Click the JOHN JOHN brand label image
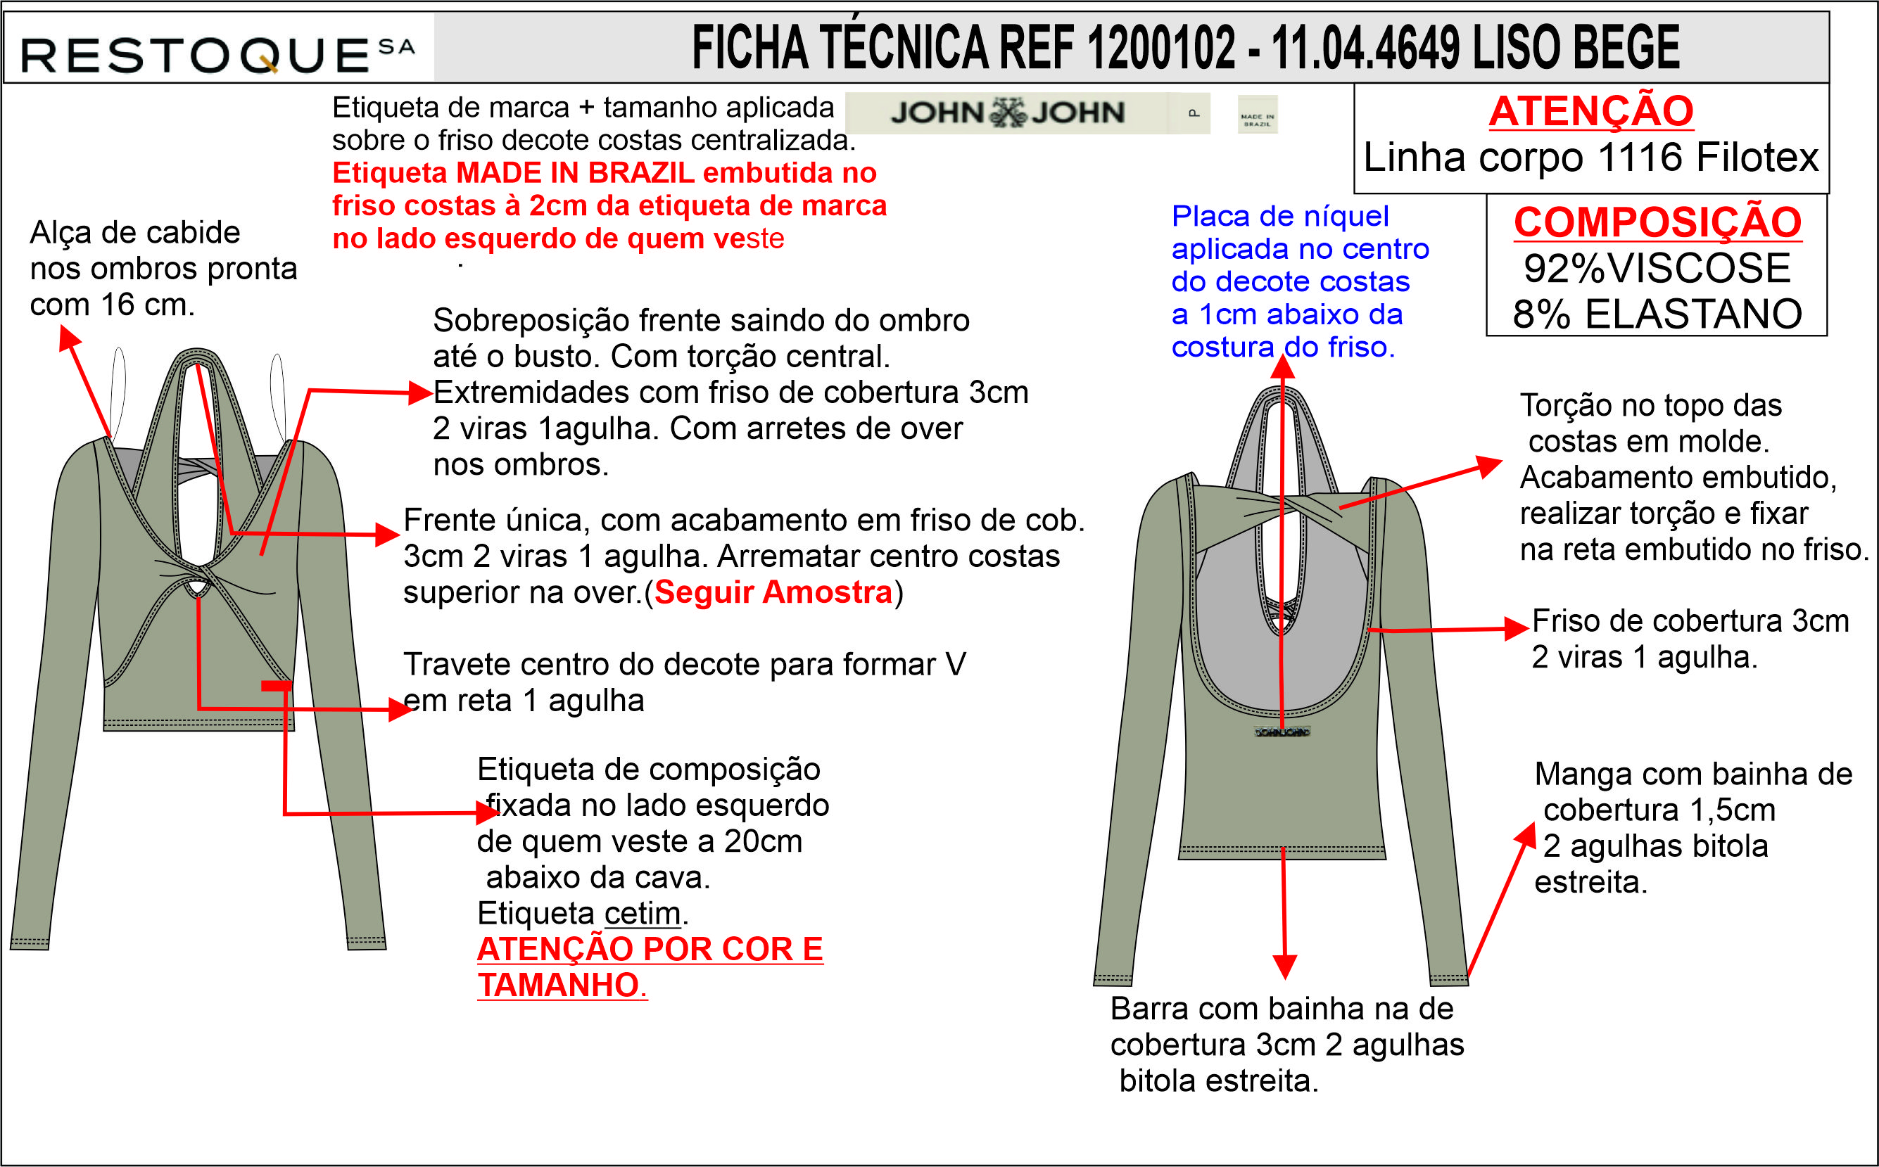(1008, 113)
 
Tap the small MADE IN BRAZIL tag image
(1257, 114)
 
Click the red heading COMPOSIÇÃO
(1657, 222)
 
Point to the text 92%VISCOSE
(1657, 268)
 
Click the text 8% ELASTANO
(1657, 314)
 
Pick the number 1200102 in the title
(1161, 48)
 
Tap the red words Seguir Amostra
(773, 592)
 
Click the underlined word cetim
(643, 913)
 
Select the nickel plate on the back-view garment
(1282, 731)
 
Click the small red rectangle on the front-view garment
(277, 685)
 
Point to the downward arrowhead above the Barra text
(1284, 967)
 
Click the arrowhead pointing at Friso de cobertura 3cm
(1517, 628)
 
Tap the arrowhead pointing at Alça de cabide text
(68, 337)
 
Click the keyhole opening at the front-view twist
(198, 588)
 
